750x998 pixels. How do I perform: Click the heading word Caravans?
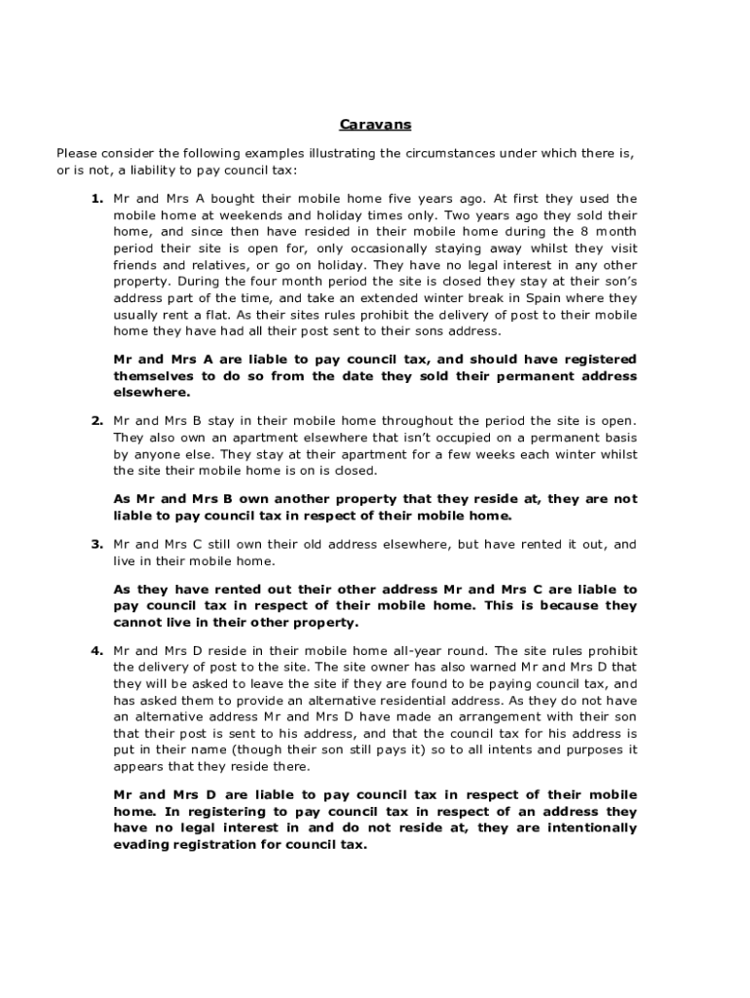pos(375,125)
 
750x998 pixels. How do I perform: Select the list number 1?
pos(97,199)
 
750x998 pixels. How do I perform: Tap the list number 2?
pos(97,421)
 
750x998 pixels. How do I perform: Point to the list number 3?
pos(97,544)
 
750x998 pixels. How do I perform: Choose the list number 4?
pos(97,650)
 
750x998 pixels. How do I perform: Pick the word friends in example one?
pos(135,265)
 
